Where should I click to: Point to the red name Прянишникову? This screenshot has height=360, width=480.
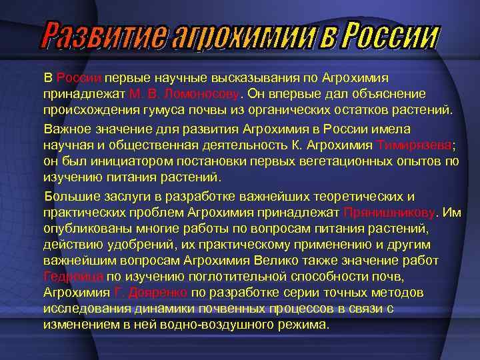tap(389, 213)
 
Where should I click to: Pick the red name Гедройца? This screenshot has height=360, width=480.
tap(73, 277)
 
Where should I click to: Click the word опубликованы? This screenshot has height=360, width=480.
tap(81, 229)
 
